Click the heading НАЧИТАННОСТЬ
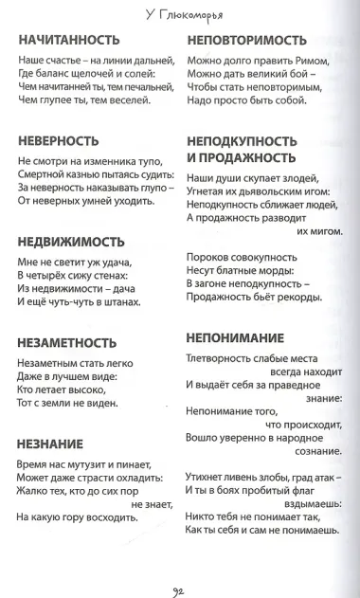point(68,40)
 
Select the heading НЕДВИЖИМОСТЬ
point(71,241)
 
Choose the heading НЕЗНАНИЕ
point(50,444)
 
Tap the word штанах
point(120,302)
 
